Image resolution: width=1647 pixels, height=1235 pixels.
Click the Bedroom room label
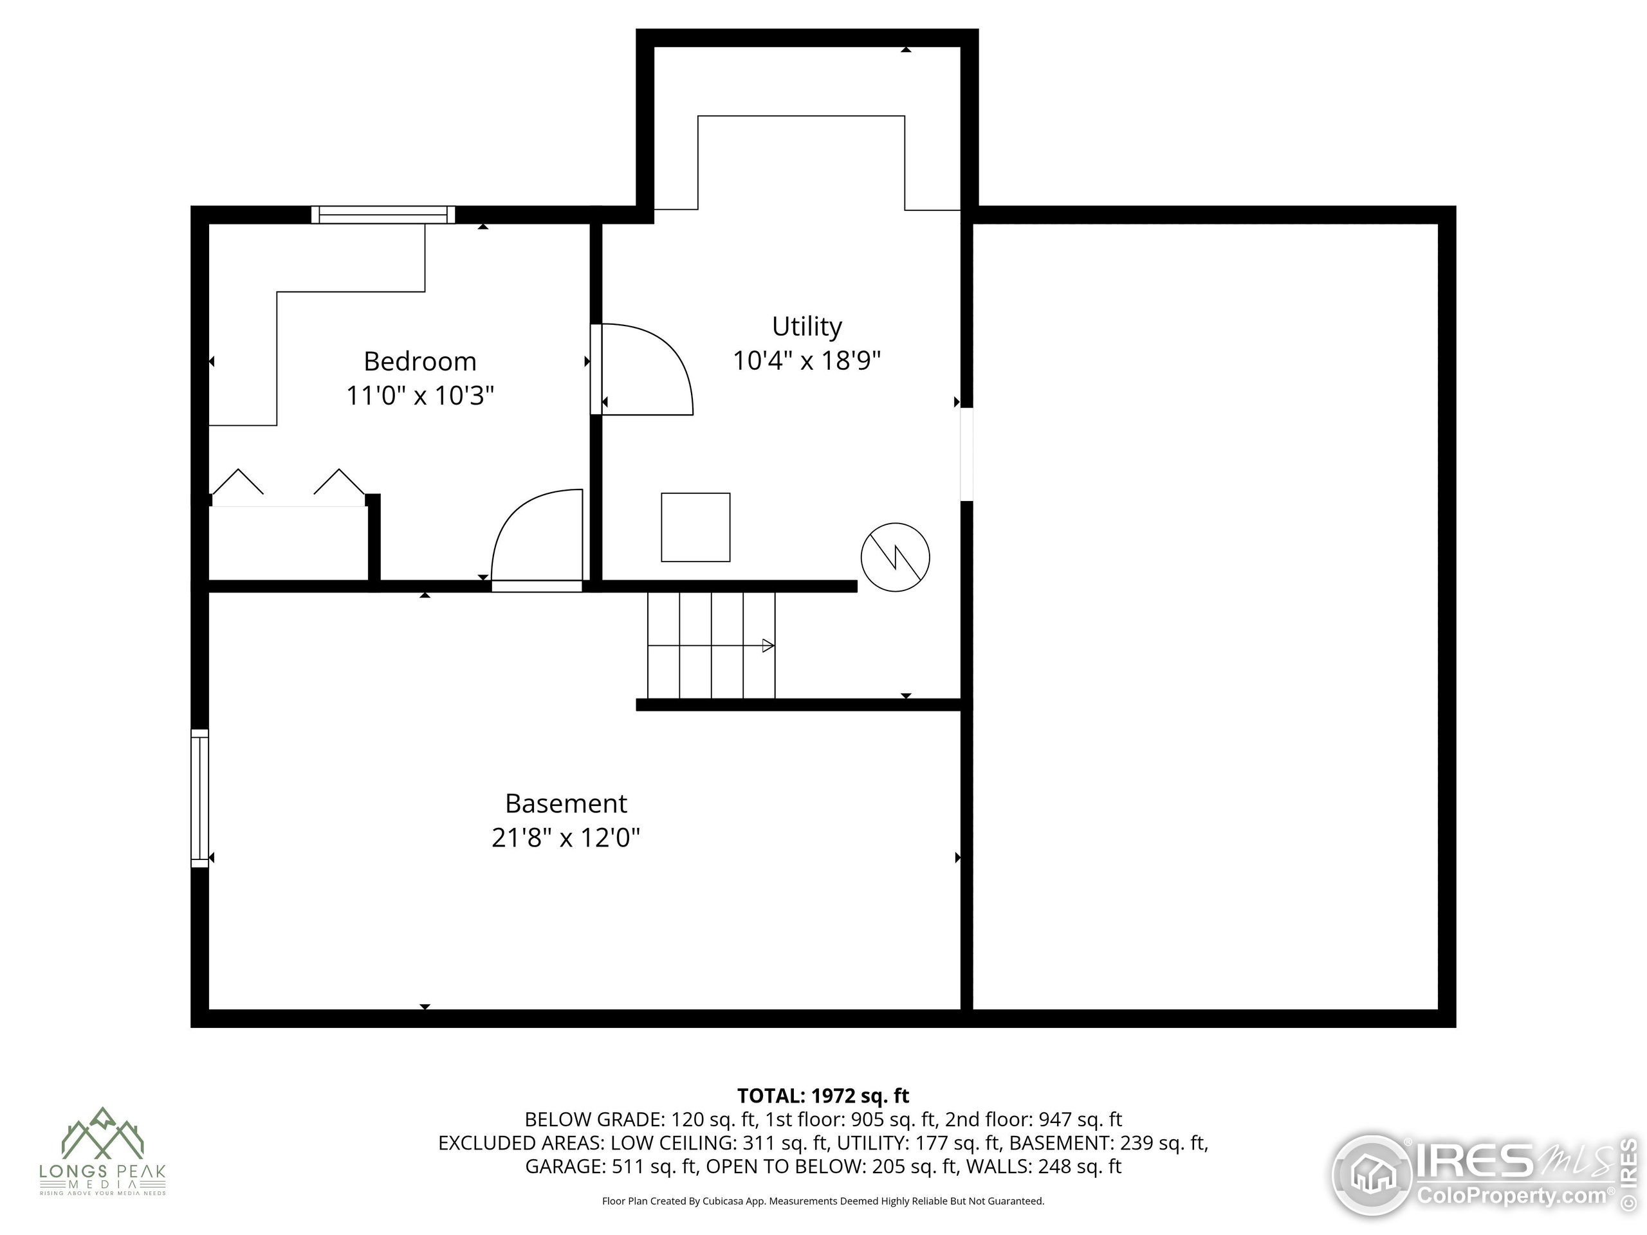[x=420, y=361]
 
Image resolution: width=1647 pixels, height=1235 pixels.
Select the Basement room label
[x=566, y=803]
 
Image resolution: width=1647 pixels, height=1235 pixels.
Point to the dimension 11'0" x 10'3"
[x=420, y=396]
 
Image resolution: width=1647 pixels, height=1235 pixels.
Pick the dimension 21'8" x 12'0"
[x=566, y=837]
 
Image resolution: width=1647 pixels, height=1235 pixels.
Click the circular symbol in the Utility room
[x=895, y=557]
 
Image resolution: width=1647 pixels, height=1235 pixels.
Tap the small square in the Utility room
[x=695, y=527]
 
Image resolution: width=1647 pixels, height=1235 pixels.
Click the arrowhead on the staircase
[x=768, y=645]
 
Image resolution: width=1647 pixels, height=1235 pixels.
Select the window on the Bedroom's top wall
[x=383, y=214]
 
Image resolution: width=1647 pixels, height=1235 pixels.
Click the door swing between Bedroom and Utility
[x=647, y=369]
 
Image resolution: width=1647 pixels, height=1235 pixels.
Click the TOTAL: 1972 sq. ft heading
[x=823, y=1096]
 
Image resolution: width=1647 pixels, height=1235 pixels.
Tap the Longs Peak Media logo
[x=103, y=1150]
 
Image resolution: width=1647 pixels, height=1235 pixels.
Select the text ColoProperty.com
[x=1511, y=1196]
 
